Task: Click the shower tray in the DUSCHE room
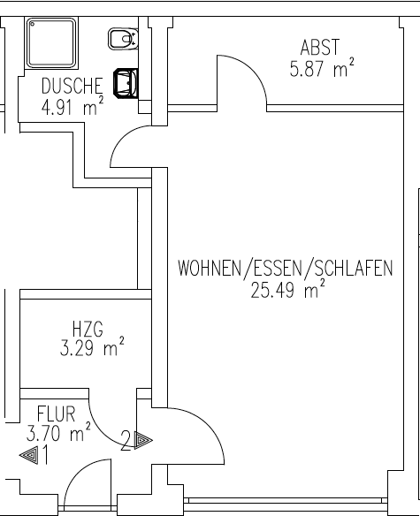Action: pyautogui.click(x=51, y=43)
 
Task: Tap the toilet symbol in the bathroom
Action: pyautogui.click(x=123, y=39)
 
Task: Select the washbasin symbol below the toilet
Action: pyautogui.click(x=126, y=83)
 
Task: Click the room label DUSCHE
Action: pyautogui.click(x=73, y=86)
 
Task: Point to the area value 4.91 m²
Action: pyautogui.click(x=73, y=106)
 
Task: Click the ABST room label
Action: pyautogui.click(x=319, y=47)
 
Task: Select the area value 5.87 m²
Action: pyautogui.click(x=322, y=68)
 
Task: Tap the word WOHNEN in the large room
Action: pyautogui.click(x=210, y=268)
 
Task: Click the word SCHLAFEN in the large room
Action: pyautogui.click(x=354, y=268)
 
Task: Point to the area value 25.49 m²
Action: pyautogui.click(x=287, y=289)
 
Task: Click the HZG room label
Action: pyautogui.click(x=88, y=329)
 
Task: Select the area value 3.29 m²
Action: pyautogui.click(x=92, y=347)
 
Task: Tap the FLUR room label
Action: pyautogui.click(x=56, y=414)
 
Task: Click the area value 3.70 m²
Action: pyautogui.click(x=58, y=432)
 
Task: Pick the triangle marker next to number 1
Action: pyautogui.click(x=29, y=455)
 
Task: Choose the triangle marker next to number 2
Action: pyautogui.click(x=143, y=440)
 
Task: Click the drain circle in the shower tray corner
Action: pyautogui.click(x=32, y=24)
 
